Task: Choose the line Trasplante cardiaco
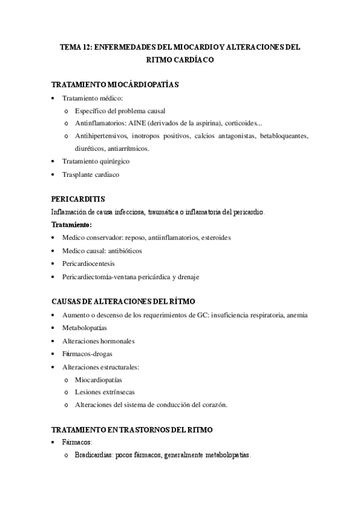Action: click(x=91, y=174)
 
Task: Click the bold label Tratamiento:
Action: click(x=72, y=224)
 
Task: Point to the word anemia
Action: click(x=295, y=315)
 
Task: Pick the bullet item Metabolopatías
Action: click(x=84, y=328)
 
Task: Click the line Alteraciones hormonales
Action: click(x=98, y=341)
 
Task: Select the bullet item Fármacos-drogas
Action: click(x=87, y=354)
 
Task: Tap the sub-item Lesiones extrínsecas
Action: click(x=105, y=393)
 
